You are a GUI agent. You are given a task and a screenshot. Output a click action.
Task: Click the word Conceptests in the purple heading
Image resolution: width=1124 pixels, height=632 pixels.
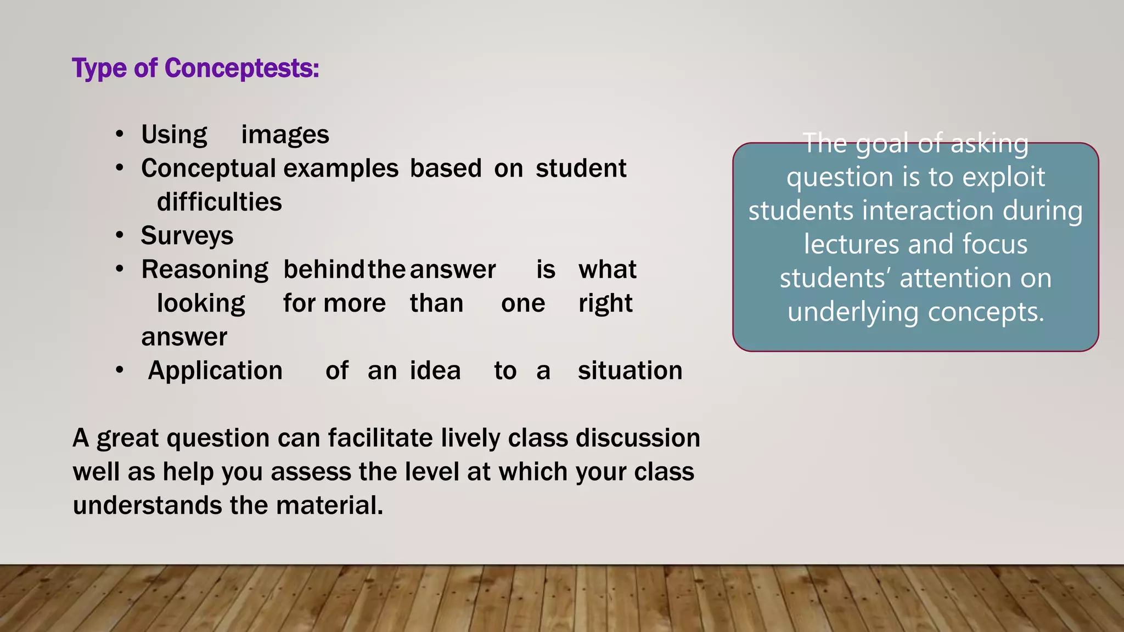click(241, 69)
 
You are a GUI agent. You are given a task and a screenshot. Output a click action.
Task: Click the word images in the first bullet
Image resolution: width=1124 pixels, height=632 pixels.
click(285, 135)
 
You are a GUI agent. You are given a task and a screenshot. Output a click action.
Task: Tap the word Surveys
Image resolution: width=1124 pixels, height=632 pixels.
click(187, 236)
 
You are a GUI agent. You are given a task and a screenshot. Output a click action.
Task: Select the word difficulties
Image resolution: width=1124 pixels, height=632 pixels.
click(219, 202)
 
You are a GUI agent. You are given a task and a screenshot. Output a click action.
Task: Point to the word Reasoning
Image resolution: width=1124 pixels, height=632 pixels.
click(205, 270)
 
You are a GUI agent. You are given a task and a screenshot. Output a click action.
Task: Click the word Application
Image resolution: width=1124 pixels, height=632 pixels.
click(215, 371)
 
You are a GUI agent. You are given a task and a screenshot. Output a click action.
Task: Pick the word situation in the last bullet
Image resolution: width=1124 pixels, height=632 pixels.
click(630, 371)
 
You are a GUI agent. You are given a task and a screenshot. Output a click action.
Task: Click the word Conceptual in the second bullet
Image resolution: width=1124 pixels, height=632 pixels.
click(209, 168)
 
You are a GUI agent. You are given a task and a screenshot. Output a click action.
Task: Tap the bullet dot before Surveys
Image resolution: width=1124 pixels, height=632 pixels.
click(120, 236)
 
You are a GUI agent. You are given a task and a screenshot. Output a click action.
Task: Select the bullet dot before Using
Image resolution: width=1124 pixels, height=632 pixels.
click(120, 135)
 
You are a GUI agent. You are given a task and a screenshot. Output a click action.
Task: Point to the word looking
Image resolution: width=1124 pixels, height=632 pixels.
click(201, 304)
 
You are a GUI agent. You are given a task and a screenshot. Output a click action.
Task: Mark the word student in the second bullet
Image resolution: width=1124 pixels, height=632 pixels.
click(581, 168)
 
